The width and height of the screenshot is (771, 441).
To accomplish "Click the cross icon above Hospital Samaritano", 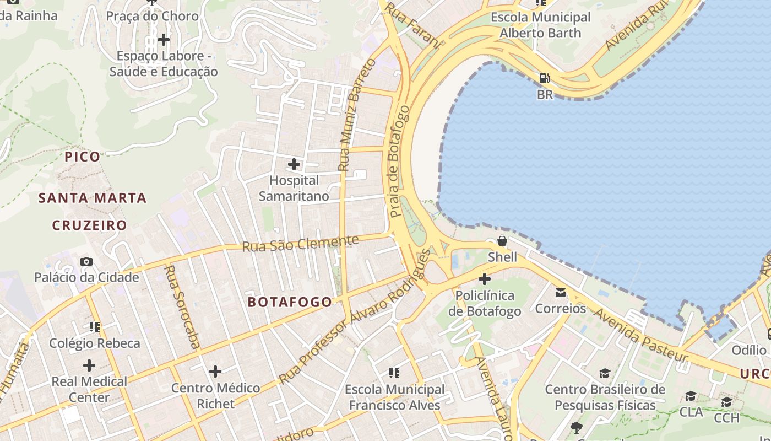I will (294, 164).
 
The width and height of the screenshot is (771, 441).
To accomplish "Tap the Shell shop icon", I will (502, 241).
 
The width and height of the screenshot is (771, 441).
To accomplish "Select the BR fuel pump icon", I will (544, 78).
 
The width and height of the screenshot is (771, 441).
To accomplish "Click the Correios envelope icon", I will (561, 292).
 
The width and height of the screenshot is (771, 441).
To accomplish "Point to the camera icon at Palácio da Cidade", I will (86, 261).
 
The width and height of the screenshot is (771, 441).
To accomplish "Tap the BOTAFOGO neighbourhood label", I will (290, 302).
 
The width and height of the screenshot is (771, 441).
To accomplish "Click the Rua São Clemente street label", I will (300, 243).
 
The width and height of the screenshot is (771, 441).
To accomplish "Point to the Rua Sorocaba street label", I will (182, 307).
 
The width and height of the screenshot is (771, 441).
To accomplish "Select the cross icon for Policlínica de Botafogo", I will (485, 279).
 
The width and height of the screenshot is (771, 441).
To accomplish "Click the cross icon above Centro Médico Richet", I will (215, 371).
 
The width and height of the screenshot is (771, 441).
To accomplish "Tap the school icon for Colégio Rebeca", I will (95, 327).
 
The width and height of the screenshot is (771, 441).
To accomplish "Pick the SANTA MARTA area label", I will (93, 198).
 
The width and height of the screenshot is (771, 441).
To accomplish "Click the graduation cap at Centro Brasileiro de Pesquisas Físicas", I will (605, 373).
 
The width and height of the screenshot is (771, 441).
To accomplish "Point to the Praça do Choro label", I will (152, 16).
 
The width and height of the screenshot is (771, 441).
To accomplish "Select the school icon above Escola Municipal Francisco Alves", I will (394, 373).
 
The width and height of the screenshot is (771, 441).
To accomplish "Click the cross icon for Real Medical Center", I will (89, 365).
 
